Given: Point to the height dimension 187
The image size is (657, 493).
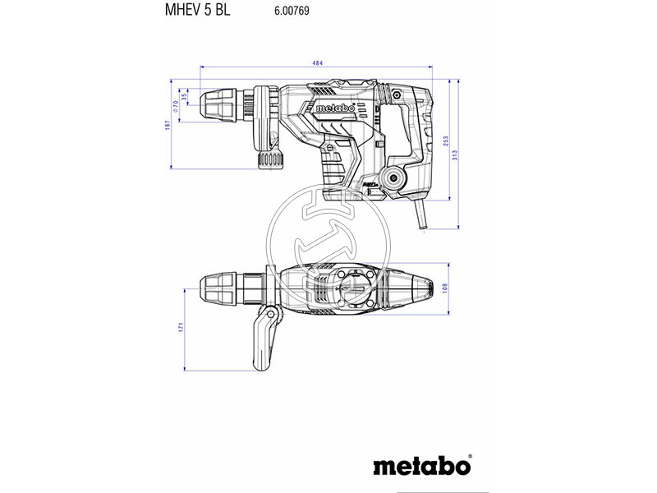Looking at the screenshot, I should [x=167, y=123].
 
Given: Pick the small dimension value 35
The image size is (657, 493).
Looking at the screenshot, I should [x=185, y=96].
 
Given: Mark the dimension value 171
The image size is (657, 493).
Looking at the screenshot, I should [x=181, y=328].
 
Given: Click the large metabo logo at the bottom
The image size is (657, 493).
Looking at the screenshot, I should [x=423, y=465].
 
